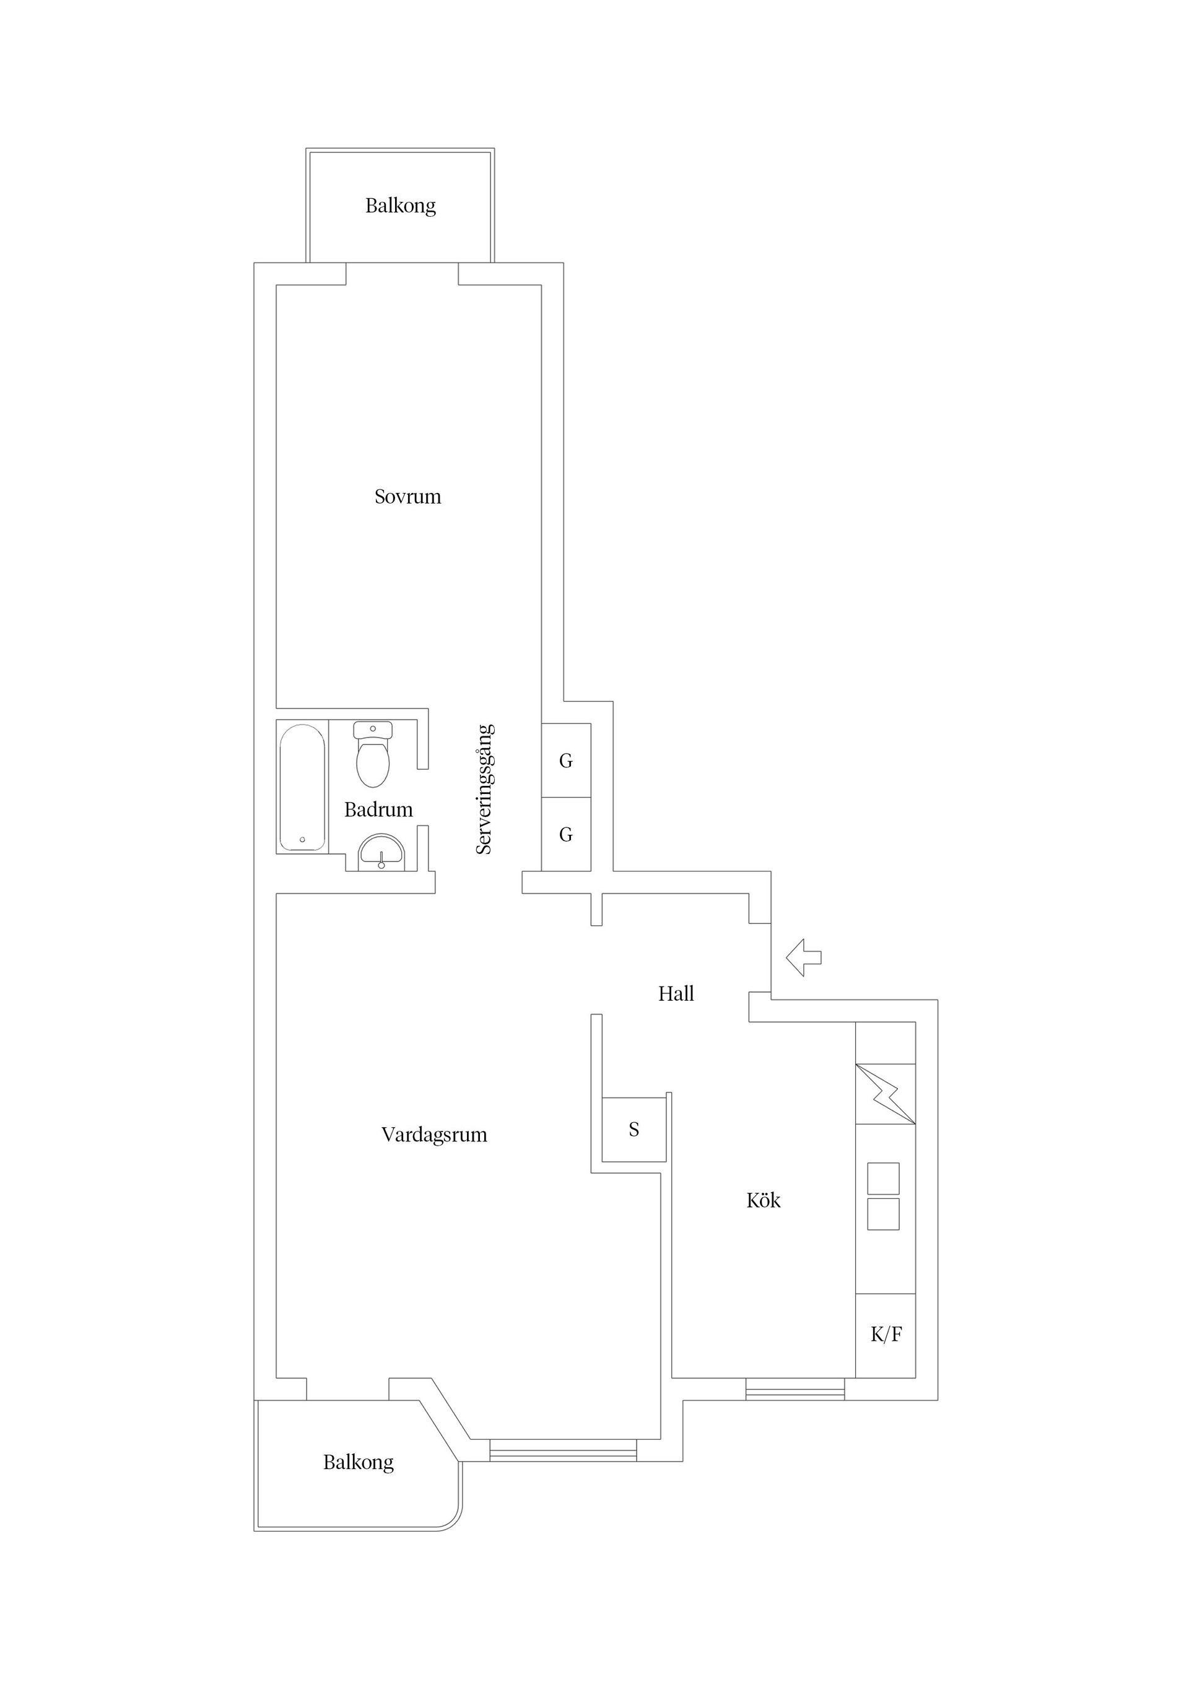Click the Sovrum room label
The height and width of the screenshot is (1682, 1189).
[407, 497]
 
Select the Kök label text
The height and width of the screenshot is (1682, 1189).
[764, 1200]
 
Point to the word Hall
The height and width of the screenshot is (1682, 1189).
[676, 993]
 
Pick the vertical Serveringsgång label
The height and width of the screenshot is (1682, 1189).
[484, 789]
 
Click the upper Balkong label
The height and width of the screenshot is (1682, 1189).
[400, 206]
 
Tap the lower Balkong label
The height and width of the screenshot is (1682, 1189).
[358, 1462]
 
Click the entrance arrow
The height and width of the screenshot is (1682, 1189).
[804, 957]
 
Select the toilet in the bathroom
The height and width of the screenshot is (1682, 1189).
[373, 754]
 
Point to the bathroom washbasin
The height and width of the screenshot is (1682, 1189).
[381, 852]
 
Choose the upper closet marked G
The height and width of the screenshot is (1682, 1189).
[565, 760]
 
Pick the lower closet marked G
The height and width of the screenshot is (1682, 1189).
[565, 834]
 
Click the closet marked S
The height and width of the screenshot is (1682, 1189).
[634, 1130]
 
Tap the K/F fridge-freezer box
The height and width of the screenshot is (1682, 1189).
[886, 1335]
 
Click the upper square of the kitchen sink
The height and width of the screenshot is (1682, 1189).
[883, 1178]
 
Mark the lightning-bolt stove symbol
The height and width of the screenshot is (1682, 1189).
[886, 1094]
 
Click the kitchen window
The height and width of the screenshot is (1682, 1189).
[795, 1389]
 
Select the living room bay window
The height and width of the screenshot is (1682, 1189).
[563, 1450]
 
